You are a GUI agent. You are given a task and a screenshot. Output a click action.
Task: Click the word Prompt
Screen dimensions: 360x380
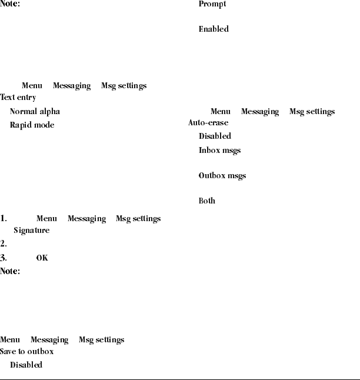pos(212,4)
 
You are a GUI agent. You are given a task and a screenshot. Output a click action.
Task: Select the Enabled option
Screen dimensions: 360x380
pos(214,29)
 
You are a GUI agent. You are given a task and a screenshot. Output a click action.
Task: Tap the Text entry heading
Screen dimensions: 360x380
pos(18,98)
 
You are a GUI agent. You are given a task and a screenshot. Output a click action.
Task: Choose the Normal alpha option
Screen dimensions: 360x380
pos(35,111)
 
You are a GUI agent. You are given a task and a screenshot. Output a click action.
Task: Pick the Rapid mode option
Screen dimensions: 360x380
pos(32,125)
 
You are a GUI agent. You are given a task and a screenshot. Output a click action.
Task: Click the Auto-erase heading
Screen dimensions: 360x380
pos(208,123)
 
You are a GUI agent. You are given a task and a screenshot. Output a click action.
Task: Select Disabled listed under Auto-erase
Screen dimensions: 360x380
pos(215,136)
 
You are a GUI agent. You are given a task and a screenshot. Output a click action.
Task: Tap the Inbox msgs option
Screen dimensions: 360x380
pos(219,150)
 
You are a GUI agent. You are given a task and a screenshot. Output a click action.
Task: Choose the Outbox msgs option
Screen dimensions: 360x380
pos(222,175)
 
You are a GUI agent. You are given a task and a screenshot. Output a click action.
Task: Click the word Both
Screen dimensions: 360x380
pos(207,201)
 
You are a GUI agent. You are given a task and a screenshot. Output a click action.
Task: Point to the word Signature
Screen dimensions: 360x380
pos(32,230)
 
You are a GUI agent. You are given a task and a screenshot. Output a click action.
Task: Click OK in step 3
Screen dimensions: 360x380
pos(42,258)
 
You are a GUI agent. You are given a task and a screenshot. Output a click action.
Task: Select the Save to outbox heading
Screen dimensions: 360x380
pos(27,351)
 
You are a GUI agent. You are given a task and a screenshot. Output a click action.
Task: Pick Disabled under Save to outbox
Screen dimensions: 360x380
pos(26,365)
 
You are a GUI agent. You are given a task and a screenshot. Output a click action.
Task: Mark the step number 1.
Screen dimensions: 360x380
pos(4,218)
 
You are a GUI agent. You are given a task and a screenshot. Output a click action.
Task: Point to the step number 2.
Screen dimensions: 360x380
pos(4,243)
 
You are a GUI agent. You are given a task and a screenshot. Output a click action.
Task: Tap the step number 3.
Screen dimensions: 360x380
pos(4,258)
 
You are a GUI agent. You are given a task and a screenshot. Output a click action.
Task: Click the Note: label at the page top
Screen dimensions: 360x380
pos(10,4)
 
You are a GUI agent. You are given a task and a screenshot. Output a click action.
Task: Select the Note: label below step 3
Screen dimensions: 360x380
pos(10,271)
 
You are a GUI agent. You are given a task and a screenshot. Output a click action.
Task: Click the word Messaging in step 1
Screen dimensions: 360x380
pos(86,218)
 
